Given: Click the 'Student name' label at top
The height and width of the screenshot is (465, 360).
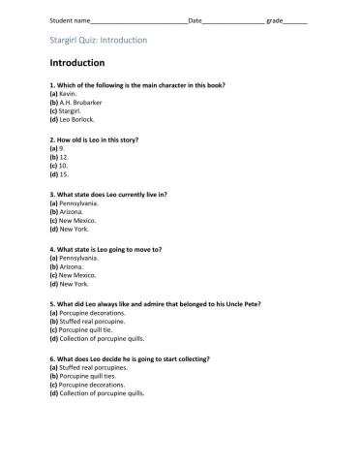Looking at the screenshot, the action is tap(54, 19).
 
